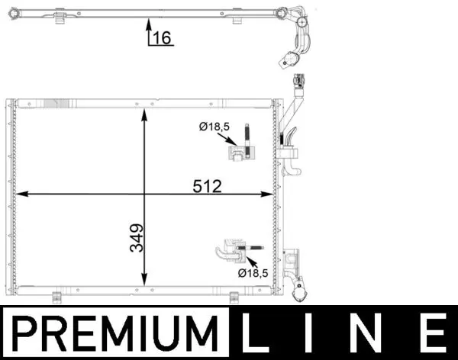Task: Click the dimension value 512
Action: tap(207, 186)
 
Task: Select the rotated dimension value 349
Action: tap(137, 238)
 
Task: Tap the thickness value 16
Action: tap(162, 37)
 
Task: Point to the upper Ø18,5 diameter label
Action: tap(214, 127)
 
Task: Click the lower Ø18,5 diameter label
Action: tap(253, 273)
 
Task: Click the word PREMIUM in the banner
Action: tap(115, 333)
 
